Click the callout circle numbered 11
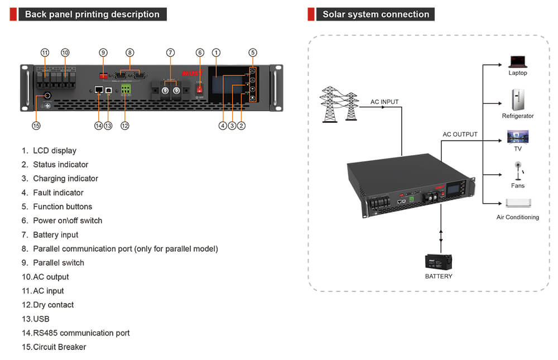[x=45, y=52]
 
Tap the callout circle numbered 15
[x=36, y=126]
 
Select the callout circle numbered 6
[x=200, y=52]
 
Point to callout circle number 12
[x=125, y=126]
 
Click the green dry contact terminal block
[x=126, y=90]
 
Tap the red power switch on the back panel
[x=200, y=88]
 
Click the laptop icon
[x=517, y=61]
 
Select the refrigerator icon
[x=517, y=100]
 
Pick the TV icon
[x=517, y=137]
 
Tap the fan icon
[x=518, y=170]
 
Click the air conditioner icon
[x=518, y=203]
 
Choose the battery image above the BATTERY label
[x=439, y=262]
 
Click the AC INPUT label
[x=384, y=102]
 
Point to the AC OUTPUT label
[x=460, y=135]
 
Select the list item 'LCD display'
[x=54, y=151]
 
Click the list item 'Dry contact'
[x=53, y=305]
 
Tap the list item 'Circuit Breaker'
[x=59, y=347]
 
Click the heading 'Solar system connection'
[x=376, y=15]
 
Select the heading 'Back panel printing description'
[x=92, y=15]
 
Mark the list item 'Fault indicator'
[x=58, y=193]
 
